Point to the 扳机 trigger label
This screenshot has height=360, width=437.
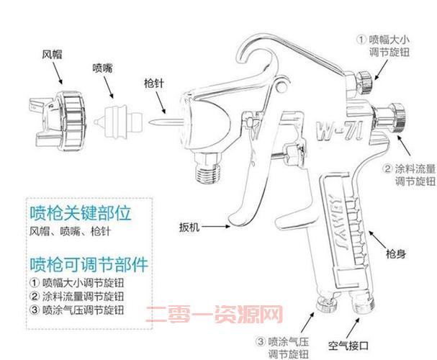189,227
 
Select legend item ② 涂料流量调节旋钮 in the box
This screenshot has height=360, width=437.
78,296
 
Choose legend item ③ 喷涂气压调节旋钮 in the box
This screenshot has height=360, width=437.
78,310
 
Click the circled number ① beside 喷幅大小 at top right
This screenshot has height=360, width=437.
362,35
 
